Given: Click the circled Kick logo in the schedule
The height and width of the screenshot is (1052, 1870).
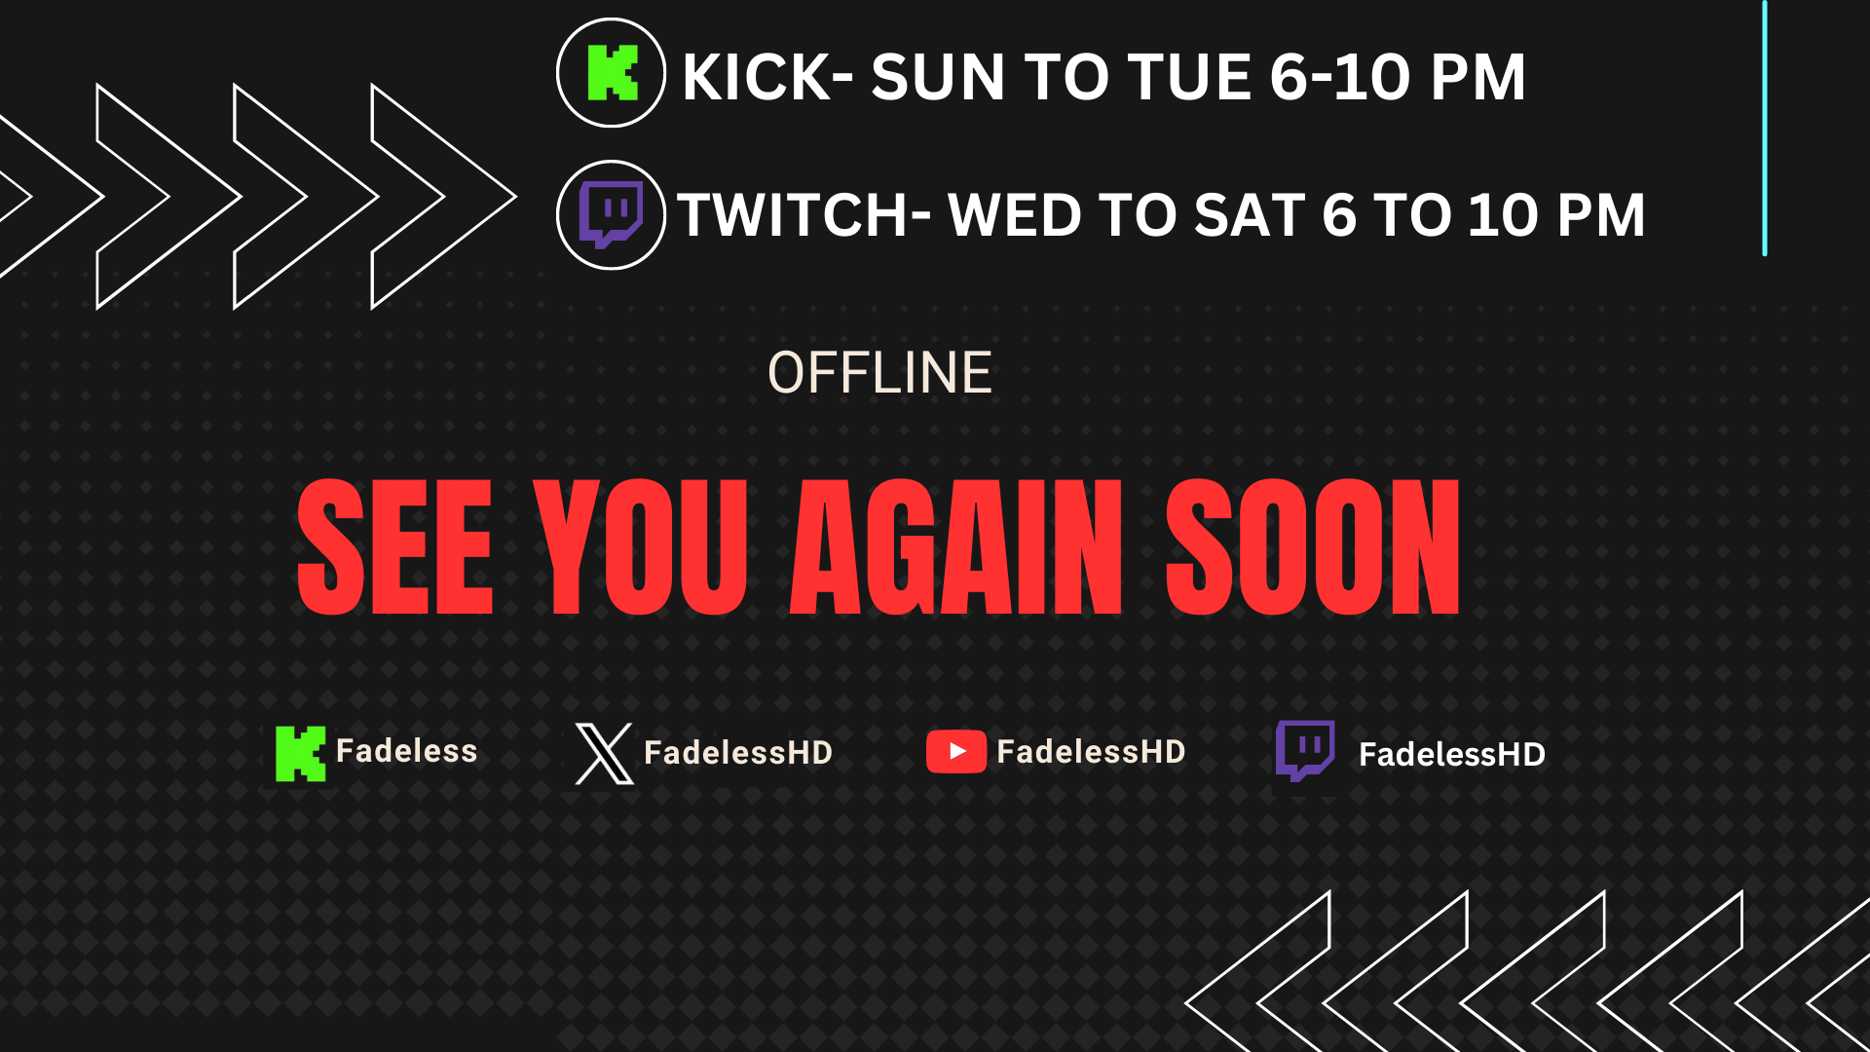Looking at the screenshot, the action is point(611,73).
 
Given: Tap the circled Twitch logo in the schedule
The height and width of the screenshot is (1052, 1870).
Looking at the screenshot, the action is point(611,215).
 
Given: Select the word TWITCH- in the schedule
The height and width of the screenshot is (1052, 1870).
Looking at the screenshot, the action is point(804,215).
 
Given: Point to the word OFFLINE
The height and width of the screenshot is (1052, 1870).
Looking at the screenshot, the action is point(879,373).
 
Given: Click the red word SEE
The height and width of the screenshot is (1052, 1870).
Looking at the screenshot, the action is point(395,547).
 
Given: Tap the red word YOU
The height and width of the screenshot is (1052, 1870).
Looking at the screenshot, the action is point(641,547).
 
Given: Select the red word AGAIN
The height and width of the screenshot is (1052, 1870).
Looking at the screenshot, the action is point(956,547).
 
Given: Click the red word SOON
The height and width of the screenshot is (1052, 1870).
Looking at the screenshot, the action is point(1313,547).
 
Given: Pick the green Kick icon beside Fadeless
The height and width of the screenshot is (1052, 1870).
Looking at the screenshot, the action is point(300,754).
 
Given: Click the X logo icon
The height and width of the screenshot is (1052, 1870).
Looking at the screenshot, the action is point(604,753).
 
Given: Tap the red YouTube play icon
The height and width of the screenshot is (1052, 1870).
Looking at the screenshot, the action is point(956,751).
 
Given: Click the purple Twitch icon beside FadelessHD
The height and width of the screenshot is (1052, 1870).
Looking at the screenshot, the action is point(1305,751).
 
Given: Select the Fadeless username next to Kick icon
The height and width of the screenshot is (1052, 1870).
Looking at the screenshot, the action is point(407,751).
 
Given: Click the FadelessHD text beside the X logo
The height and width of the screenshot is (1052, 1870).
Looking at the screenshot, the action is point(738,753).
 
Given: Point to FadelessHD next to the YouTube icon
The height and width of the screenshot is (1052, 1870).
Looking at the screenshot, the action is point(1091,752).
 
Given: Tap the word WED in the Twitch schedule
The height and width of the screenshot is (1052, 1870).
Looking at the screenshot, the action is point(1014,215).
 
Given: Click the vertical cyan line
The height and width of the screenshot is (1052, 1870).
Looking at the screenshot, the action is point(1765,128).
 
